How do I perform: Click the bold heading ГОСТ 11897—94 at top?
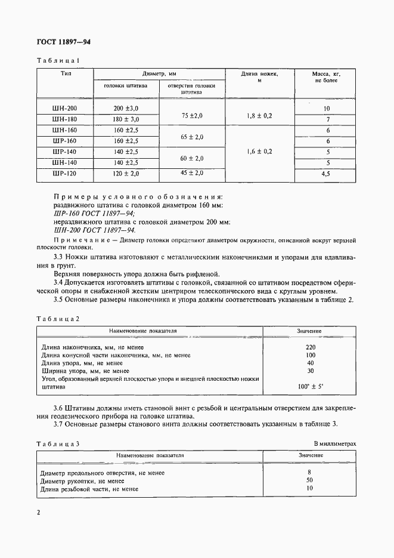(64, 42)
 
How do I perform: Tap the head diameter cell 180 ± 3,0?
(126, 119)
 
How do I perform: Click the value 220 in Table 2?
(310, 347)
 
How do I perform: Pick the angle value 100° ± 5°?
(310, 386)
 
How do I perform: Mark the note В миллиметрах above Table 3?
(334, 444)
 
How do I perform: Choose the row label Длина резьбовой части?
(89, 489)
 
